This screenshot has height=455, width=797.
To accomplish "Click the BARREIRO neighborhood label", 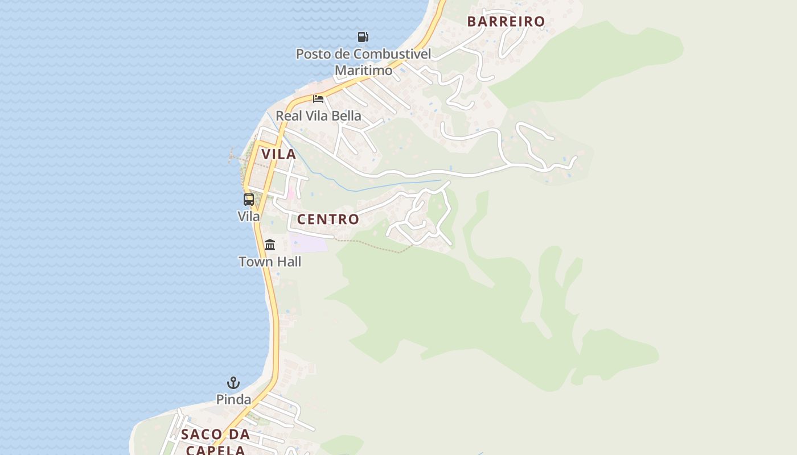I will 506,22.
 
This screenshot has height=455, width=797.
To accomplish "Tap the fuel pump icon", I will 363,37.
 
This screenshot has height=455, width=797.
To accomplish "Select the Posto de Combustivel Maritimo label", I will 363,62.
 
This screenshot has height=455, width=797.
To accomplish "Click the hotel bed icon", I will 318,99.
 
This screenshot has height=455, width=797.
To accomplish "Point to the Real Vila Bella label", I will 318,116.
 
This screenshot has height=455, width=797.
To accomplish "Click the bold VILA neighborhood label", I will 279,154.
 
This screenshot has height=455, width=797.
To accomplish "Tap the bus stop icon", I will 249,200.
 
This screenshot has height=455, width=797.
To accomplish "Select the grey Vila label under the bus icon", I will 249,217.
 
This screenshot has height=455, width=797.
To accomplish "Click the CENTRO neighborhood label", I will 328,220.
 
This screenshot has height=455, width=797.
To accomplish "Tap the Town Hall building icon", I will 270,245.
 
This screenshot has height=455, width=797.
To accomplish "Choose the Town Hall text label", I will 270,262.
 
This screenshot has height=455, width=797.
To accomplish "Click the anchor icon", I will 233,383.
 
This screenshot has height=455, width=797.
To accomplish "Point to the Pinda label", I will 233,400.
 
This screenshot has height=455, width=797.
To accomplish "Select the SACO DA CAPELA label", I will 216,442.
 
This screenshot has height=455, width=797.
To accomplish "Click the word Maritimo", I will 363,71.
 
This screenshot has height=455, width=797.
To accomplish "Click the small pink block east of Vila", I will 291,192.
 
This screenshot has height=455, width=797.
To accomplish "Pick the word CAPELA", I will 216,450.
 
